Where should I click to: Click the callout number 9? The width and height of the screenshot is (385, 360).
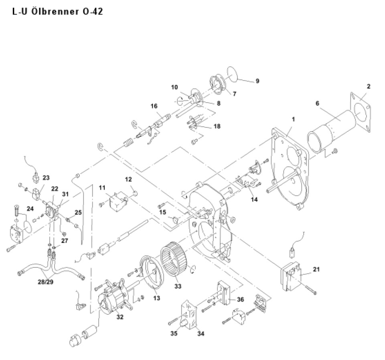point(257,81)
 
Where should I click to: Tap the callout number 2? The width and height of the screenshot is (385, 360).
point(369,86)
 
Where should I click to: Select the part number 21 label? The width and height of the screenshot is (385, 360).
point(316,269)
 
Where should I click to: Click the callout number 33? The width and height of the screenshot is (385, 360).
point(178,286)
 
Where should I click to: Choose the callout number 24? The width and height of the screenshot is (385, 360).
point(30,208)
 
